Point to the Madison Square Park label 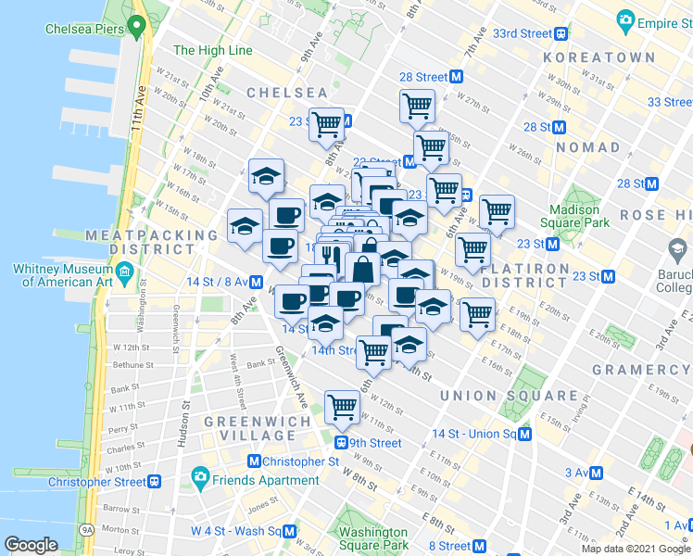click(580, 216)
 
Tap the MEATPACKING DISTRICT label click(151, 244)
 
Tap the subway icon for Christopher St click(255, 461)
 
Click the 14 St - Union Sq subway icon click(525, 434)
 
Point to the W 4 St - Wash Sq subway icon click(290, 531)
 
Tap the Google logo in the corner click(31, 545)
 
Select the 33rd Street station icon click(561, 32)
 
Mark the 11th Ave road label click(141, 107)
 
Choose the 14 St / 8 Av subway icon click(255, 281)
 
